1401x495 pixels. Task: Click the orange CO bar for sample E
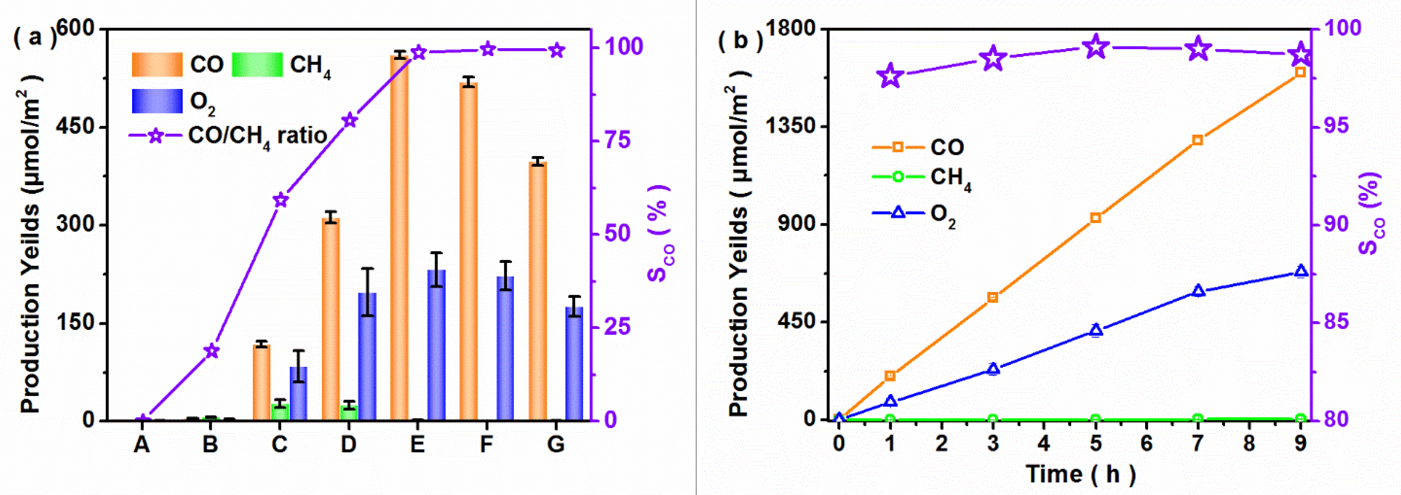click(399, 239)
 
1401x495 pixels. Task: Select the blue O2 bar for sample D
click(367, 356)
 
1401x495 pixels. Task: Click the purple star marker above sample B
click(211, 351)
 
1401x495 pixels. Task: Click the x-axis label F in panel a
click(486, 445)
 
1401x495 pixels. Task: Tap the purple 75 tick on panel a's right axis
click(617, 140)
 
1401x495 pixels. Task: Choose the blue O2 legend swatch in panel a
click(157, 101)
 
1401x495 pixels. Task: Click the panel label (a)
click(34, 38)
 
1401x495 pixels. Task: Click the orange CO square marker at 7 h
click(1197, 140)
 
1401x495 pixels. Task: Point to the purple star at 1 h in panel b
click(890, 76)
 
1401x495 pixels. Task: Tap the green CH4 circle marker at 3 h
click(993, 419)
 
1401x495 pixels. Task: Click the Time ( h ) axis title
click(1081, 474)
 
